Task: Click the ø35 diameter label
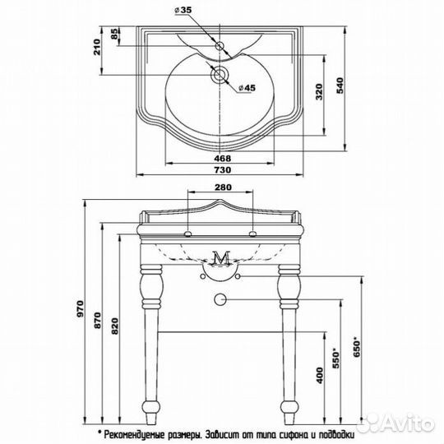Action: pos(183,10)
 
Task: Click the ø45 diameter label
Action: pos(247,88)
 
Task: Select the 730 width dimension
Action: pos(222,170)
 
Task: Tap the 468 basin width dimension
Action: pos(222,158)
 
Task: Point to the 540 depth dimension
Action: pos(340,86)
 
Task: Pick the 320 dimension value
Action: pos(319,91)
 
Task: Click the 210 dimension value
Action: pos(97,47)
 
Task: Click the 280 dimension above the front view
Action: pos(223,187)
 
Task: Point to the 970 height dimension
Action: pos(81,308)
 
